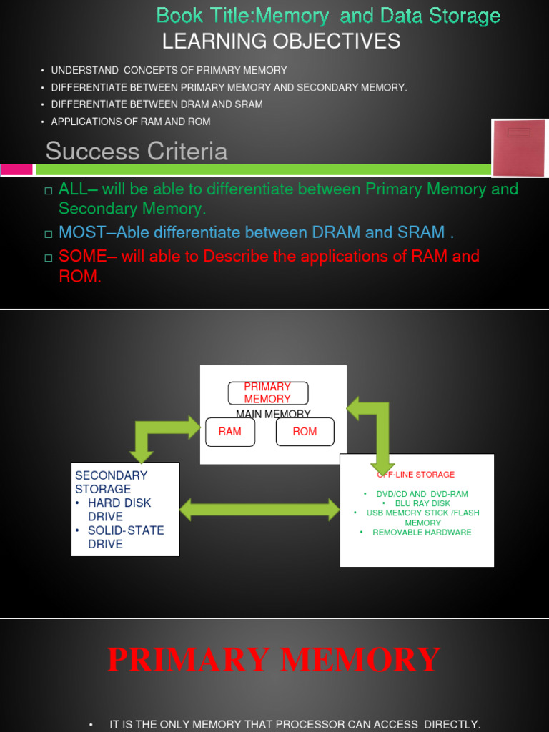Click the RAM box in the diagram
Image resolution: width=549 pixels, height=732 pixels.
click(230, 432)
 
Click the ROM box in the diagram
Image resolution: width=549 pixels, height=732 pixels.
click(305, 432)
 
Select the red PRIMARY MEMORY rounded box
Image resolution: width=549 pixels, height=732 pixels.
click(267, 393)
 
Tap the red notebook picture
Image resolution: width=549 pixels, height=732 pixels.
click(519, 148)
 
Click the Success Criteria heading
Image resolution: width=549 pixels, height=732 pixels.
click(137, 152)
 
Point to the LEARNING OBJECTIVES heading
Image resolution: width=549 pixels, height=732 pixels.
click(281, 42)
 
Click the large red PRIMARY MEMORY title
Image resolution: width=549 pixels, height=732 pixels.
click(274, 659)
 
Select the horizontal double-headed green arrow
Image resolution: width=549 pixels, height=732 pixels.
click(259, 510)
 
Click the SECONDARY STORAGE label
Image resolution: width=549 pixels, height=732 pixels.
click(102, 482)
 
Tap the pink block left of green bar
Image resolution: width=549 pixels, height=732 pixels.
click(16, 169)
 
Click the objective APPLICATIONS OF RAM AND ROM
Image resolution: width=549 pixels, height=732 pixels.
click(131, 122)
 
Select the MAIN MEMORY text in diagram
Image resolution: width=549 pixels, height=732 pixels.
click(273, 414)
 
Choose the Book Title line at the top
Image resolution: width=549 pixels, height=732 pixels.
click(328, 16)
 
